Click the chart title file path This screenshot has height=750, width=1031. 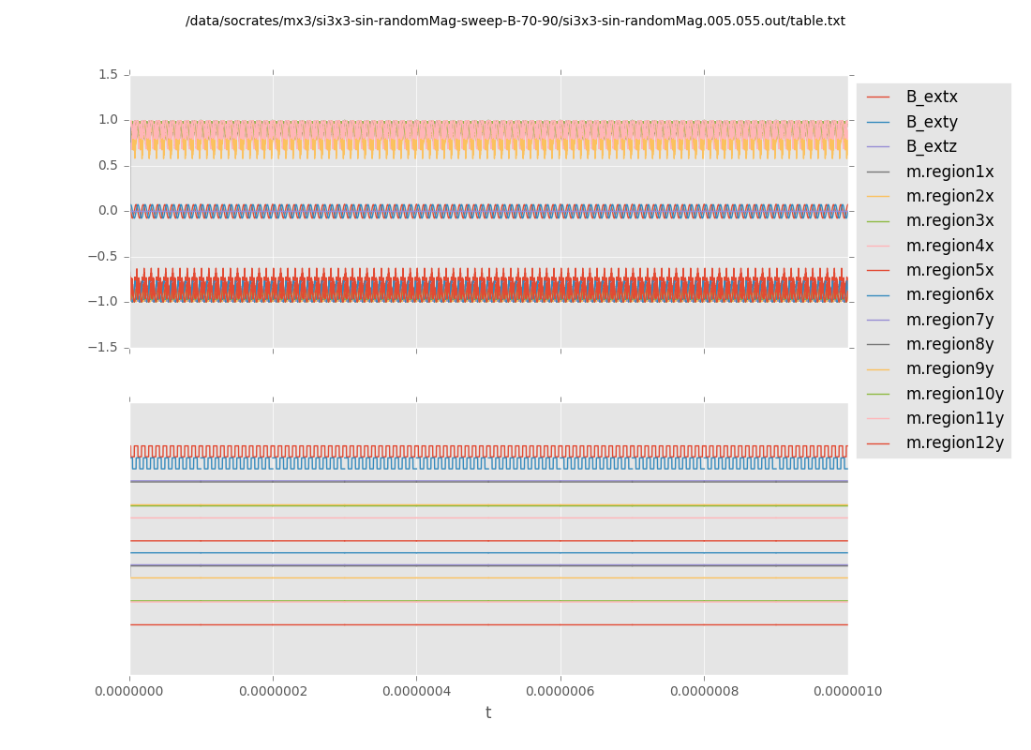pos(515,21)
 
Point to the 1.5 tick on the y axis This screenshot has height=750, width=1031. pos(108,74)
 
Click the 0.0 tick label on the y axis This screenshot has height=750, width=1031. pos(108,211)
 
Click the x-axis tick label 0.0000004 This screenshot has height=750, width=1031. pos(416,691)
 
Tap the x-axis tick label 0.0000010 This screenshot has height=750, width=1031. pos(847,691)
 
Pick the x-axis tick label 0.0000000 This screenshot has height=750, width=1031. pos(129,691)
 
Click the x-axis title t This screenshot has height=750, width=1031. pos(488,713)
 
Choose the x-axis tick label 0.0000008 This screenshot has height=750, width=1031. pos(704,691)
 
